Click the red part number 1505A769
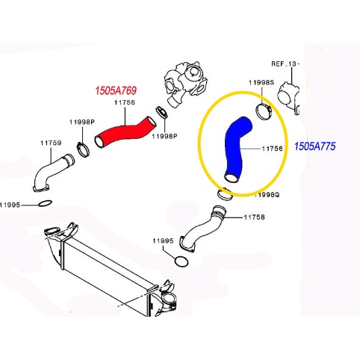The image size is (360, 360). (116, 90)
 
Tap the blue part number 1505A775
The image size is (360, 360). (315, 146)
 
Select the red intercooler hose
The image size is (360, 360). (125, 133)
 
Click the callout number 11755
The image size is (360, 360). (125, 102)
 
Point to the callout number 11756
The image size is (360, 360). (272, 149)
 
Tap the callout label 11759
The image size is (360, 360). (51, 143)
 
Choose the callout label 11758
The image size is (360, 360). (254, 217)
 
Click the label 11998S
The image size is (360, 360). (261, 82)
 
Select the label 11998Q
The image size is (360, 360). (267, 195)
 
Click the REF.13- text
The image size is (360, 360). (285, 64)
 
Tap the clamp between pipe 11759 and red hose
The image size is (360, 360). (83, 149)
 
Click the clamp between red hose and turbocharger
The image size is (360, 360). (161, 112)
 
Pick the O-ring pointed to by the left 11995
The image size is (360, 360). (45, 203)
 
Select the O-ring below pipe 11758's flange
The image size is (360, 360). (181, 261)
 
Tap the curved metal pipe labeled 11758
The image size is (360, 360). (202, 229)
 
